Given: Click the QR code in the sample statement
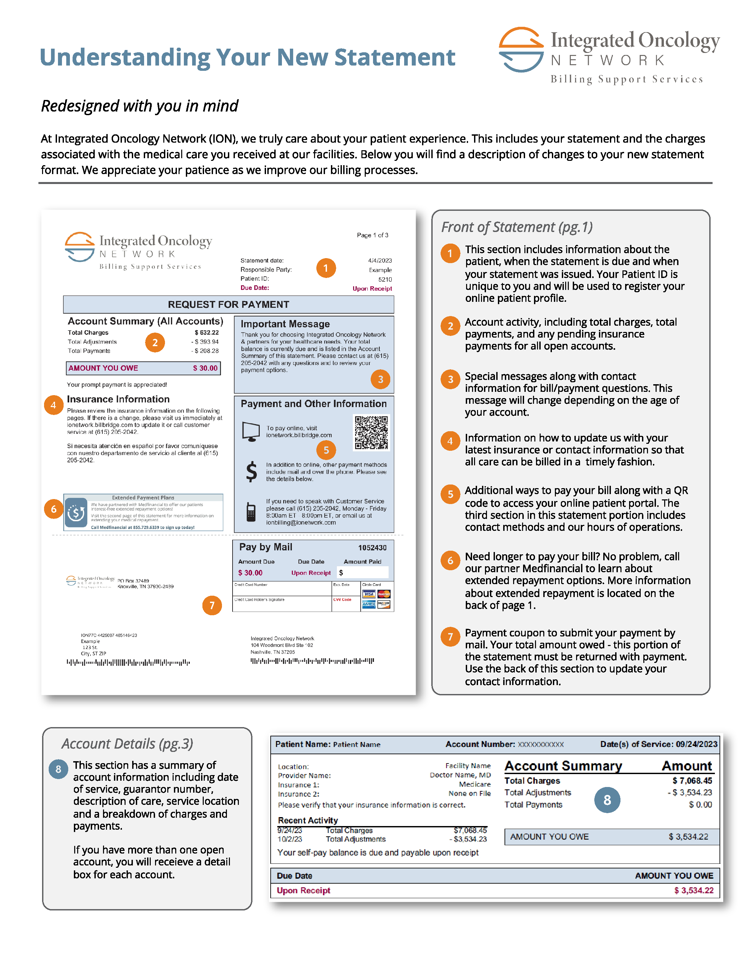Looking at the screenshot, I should click(x=371, y=432).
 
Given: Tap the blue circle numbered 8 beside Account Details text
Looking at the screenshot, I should click(x=58, y=769).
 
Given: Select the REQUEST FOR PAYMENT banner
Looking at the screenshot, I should click(x=228, y=304).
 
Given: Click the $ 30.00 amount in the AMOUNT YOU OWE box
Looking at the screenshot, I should click(x=205, y=368).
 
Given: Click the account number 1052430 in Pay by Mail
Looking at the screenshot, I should click(x=372, y=548).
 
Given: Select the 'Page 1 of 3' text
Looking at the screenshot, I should click(x=372, y=235).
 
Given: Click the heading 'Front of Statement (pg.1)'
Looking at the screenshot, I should click(x=516, y=227).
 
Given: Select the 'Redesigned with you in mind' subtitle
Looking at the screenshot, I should click(x=139, y=106).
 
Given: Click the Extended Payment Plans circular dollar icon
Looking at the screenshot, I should click(x=76, y=513).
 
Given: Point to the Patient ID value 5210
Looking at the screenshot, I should click(x=385, y=279).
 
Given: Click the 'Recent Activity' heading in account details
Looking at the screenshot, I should click(x=307, y=820).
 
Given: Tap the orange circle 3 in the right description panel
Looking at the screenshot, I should click(x=450, y=379).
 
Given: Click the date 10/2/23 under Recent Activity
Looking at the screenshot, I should click(x=289, y=839).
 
